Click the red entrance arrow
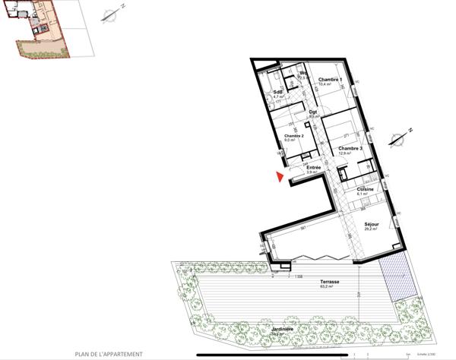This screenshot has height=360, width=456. [280, 178]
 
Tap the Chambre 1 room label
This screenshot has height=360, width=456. [331, 81]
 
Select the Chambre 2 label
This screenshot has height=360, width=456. [293, 136]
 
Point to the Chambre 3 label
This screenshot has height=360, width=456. [350, 148]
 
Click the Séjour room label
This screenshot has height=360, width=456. [371, 224]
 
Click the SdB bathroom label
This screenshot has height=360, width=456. [278, 93]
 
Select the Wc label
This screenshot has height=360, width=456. [302, 74]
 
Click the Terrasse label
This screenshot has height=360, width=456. [329, 282]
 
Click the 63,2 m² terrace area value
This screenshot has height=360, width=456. [329, 287]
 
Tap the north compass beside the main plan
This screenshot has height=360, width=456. [395, 138]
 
